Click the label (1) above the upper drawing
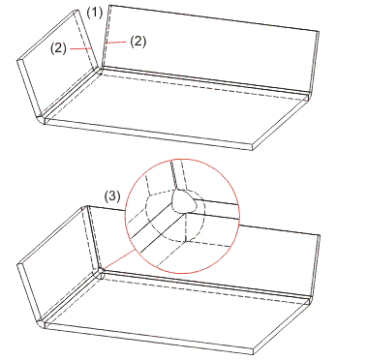95,13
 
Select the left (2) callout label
58,48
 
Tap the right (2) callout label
138,42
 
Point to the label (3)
112,196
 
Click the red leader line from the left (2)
79,48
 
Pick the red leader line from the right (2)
115,42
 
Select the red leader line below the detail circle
118,259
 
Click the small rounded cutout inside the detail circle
184,201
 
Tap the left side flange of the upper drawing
58,65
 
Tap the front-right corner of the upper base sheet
252,150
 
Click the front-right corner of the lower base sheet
254,354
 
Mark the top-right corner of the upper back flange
320,32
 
